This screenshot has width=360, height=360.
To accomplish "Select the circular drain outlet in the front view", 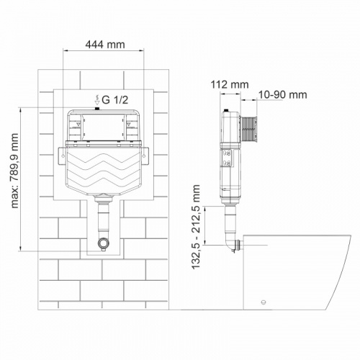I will click(104, 243).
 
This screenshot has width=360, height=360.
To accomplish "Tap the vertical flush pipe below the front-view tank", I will click(104, 216).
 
